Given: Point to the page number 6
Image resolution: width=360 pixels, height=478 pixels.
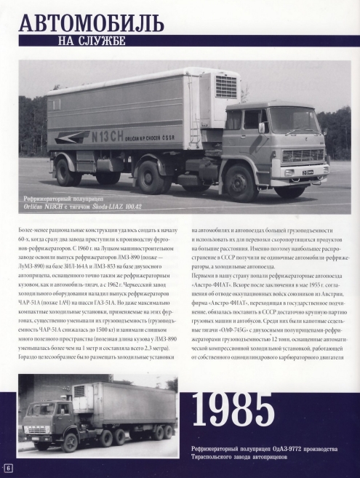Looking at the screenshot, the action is (x=9, y=466).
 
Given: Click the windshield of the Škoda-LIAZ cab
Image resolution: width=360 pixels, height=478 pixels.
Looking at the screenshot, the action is (x=294, y=119).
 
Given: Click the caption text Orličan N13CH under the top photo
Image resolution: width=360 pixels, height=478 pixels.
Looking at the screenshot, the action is (x=63, y=207).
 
